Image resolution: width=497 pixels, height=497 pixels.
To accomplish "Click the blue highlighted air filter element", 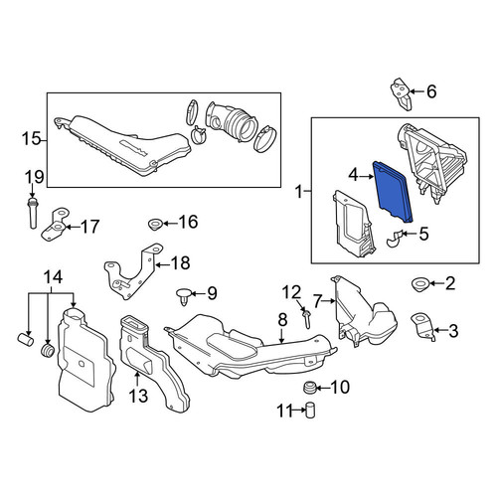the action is [x=393, y=191].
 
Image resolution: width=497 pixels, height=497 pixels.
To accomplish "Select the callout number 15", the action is [x=31, y=138].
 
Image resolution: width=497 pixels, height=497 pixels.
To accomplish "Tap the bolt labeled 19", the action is [x=32, y=213].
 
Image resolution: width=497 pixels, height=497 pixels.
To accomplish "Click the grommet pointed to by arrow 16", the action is [x=154, y=225].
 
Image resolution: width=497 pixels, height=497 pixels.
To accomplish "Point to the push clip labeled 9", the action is [x=183, y=296].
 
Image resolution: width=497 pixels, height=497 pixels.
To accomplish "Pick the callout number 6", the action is [x=431, y=91].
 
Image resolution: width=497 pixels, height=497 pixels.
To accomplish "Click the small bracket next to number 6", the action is [x=401, y=93].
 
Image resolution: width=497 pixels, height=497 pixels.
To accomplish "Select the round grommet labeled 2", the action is [x=420, y=284].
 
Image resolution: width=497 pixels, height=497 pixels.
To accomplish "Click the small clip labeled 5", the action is [x=395, y=239].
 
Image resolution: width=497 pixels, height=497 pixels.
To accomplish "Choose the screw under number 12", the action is [x=305, y=318].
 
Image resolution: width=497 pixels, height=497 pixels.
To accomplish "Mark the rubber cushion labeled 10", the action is [x=309, y=387].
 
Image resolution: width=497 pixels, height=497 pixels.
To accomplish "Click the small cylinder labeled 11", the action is [x=310, y=411].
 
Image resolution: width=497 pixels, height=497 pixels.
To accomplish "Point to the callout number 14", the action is [x=53, y=277].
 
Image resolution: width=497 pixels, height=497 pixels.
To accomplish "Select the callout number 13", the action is [x=138, y=396].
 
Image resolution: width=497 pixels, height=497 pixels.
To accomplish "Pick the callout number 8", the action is [x=282, y=320].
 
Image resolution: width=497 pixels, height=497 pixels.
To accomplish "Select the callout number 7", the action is [x=317, y=301].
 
